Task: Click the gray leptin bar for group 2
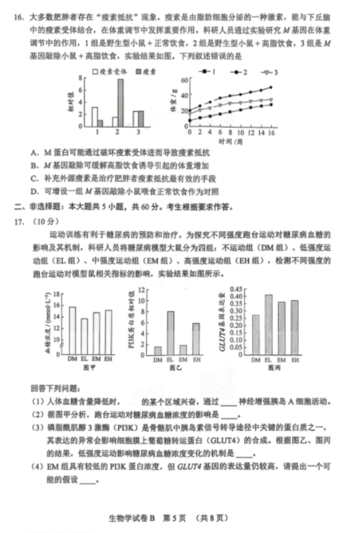click(120, 103)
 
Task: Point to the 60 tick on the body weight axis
click(183, 80)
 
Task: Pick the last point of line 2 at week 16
click(271, 87)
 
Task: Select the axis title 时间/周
click(231, 142)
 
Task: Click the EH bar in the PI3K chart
click(195, 339)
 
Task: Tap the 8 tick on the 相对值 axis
click(80, 78)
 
